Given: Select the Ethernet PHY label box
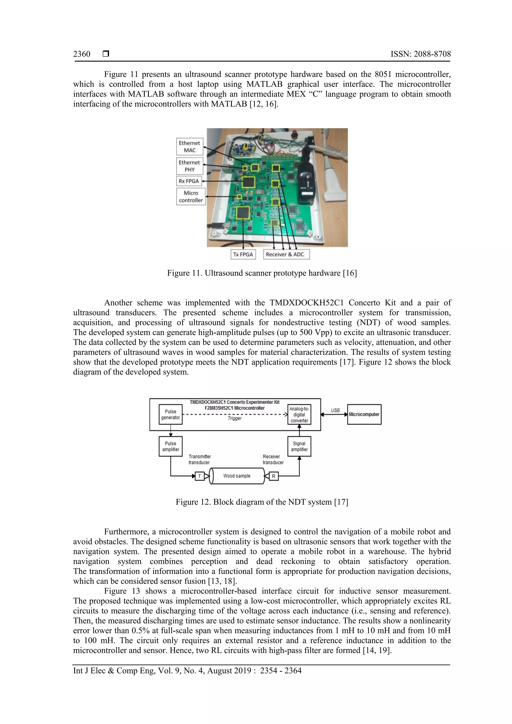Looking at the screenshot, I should (x=189, y=166).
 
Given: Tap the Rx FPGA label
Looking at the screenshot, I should (x=189, y=181).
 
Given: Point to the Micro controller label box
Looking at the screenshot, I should (x=191, y=196).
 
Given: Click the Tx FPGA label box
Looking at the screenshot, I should (x=243, y=254).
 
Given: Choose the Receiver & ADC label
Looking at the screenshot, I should (x=286, y=254).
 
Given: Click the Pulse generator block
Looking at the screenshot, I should (x=170, y=414).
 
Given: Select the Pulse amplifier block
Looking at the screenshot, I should (x=170, y=446).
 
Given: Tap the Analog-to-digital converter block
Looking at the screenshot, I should (x=299, y=414).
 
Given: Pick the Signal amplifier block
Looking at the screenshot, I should (x=299, y=446).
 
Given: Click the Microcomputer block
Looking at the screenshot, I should (x=364, y=414).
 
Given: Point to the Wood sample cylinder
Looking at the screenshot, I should (x=237, y=476).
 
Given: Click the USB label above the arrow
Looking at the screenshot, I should (x=335, y=410).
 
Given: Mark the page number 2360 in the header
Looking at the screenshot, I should (x=82, y=54).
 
